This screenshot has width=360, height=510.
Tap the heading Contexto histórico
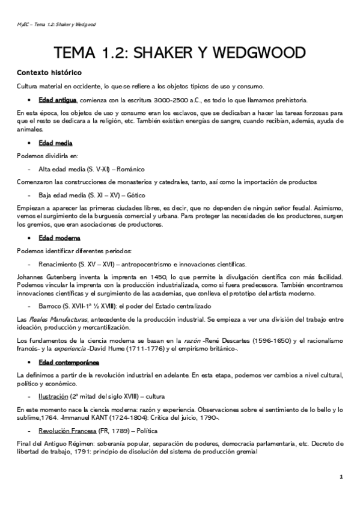click(x=49, y=73)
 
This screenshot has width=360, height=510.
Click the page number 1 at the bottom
click(x=341, y=477)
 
